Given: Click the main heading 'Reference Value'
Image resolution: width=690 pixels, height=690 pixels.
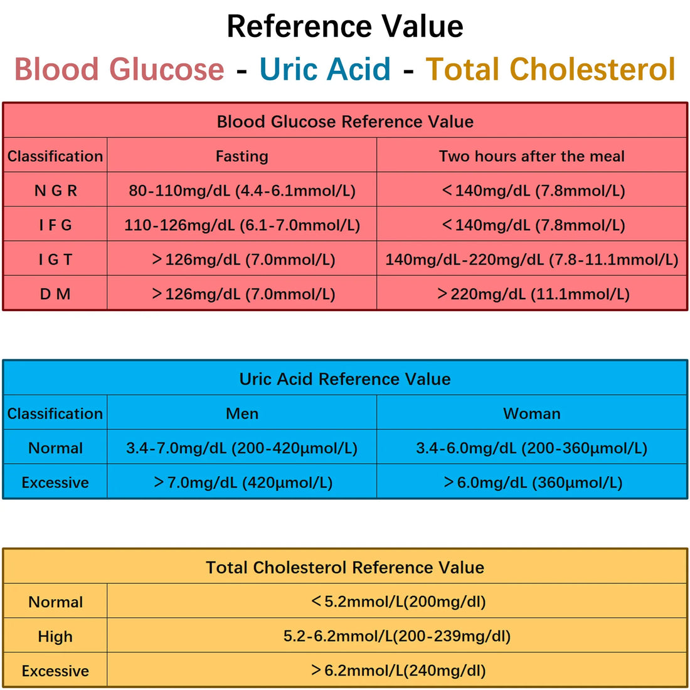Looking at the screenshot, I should pos(345,26).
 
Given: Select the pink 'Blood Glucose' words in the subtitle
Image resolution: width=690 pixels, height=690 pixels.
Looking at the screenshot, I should pos(119,69).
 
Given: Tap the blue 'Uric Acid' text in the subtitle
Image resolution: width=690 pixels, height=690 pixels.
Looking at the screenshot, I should pos(325,69).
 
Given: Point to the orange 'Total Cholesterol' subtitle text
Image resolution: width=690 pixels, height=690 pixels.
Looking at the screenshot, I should pos(550,69).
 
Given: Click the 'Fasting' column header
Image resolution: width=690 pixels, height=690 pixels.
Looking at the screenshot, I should pos(242,156).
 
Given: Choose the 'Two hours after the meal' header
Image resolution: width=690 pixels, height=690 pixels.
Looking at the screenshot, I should pos(531,156).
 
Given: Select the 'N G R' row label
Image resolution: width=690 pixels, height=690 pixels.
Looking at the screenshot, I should pos(55,191).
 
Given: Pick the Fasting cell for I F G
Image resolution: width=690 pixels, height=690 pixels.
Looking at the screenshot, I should pos(242,225).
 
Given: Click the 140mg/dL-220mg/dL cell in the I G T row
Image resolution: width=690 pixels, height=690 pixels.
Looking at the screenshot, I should pos(531,260).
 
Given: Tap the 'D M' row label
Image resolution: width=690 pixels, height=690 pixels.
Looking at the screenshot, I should pos(55,294).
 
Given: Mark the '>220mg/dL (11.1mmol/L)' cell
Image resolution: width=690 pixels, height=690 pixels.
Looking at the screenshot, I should pos(533,294).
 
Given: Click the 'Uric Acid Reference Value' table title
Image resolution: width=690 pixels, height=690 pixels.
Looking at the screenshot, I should pos(345,379).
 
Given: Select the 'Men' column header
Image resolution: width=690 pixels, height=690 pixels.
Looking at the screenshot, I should pos(242,413).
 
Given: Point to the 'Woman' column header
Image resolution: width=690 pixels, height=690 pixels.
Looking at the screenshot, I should pos(531,413).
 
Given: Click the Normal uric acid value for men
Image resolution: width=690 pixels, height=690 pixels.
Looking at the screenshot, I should pos(242,448).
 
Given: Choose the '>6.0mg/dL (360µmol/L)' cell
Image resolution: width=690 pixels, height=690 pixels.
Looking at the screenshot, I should pos(533,482).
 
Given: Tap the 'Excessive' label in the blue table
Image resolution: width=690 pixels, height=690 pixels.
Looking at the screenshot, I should pos(55,482).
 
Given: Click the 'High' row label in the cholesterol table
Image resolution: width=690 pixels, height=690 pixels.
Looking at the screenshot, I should pos(55,637).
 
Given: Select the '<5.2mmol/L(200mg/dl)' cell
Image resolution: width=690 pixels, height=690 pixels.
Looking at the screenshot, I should pos(398,602).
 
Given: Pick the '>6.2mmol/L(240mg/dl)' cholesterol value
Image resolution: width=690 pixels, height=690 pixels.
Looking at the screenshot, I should pos(398,671).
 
